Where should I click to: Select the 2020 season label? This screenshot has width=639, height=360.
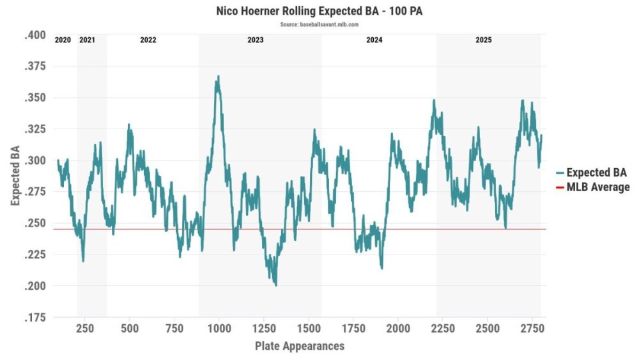(63, 40)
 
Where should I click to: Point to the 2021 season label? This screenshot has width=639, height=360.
(87, 40)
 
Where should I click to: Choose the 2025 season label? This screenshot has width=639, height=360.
(484, 40)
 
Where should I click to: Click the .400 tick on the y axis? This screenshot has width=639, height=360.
(35, 35)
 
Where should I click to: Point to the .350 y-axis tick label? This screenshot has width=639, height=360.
(35, 98)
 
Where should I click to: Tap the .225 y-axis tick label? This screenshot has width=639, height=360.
(35, 254)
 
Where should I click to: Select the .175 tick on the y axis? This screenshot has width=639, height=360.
(35, 317)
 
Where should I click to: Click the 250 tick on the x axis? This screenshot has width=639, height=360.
(85, 328)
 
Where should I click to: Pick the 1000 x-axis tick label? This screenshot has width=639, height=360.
(219, 328)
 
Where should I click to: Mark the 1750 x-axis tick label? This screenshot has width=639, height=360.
(353, 328)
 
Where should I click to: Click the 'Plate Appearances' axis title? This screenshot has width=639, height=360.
(300, 346)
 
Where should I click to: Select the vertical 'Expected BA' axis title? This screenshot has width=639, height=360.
(15, 176)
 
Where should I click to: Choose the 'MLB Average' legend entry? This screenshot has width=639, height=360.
(592, 187)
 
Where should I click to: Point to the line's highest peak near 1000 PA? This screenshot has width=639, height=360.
(219, 76)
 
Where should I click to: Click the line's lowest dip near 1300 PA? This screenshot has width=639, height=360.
(276, 285)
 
